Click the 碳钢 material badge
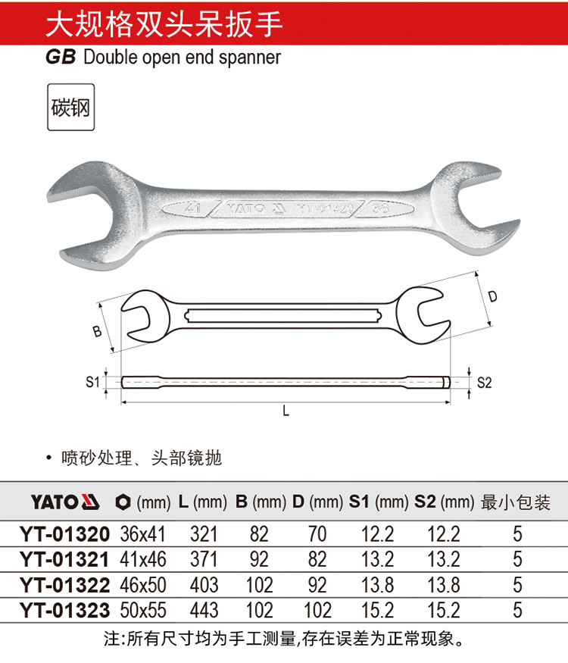(x=70, y=107)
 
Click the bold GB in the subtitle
(x=61, y=58)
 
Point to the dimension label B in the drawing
(x=97, y=330)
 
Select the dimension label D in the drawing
(x=493, y=296)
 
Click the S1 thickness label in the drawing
(x=92, y=382)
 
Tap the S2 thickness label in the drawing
(x=485, y=383)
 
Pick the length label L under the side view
(x=286, y=411)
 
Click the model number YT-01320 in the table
(x=64, y=534)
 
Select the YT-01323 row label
(x=64, y=610)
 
